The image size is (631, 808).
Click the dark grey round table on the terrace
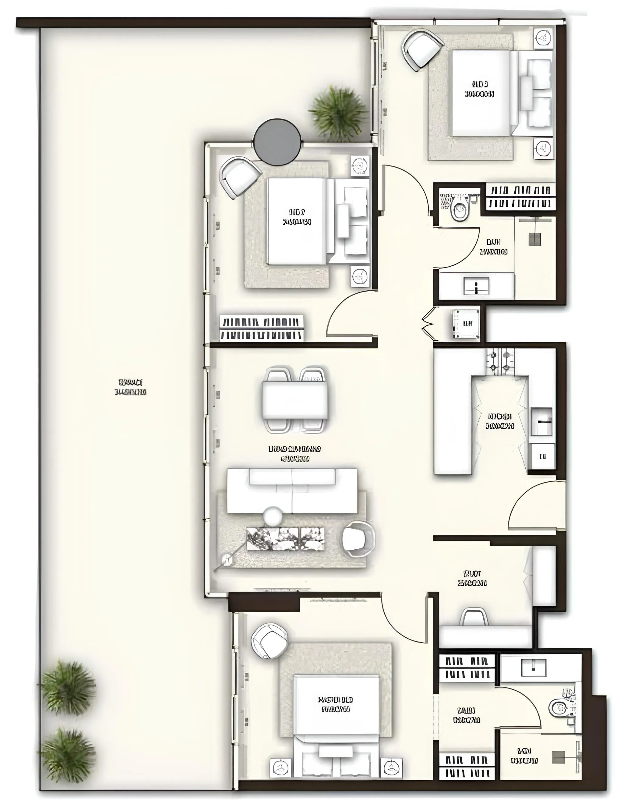coord(277,142)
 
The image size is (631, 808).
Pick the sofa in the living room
coord(292,491)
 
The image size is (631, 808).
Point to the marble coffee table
coord(286,539)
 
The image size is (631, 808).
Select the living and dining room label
coord(294,454)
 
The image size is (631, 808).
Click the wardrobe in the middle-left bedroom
coord(262,328)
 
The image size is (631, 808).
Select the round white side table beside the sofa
coord(273,516)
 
